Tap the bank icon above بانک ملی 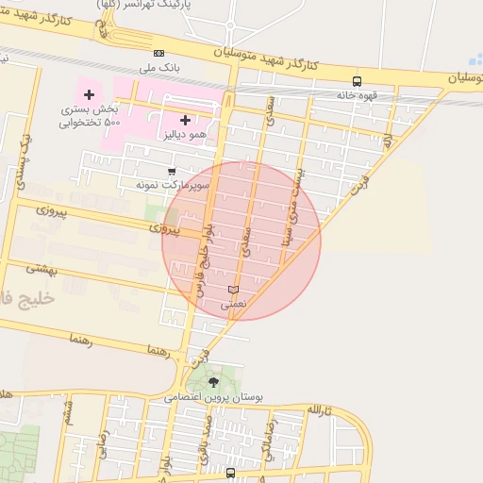pyautogui.click(x=158, y=53)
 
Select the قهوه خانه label pyautogui.click(x=358, y=94)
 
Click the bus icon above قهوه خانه pyautogui.click(x=357, y=81)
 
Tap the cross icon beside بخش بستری pyautogui.click(x=90, y=94)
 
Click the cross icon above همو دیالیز pyautogui.click(x=185, y=120)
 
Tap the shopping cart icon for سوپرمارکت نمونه pyautogui.click(x=171, y=172)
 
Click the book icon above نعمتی pyautogui.click(x=233, y=289)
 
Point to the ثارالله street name pyautogui.click(x=320, y=410)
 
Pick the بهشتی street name pyautogui.click(x=42, y=268)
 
